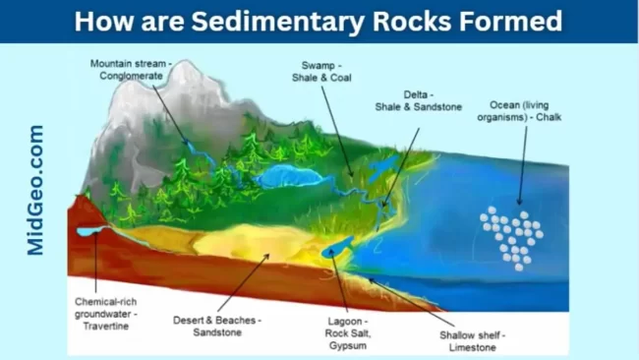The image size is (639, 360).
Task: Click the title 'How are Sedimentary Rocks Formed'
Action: (319, 21)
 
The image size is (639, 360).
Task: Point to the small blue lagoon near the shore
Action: (338, 247)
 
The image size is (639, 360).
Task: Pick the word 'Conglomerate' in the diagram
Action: (132, 78)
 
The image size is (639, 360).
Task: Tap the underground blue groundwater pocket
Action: (92, 231)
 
